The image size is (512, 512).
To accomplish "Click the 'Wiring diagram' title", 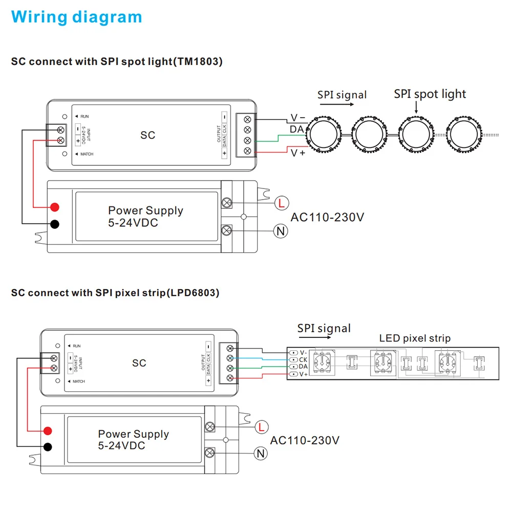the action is (x=76, y=17).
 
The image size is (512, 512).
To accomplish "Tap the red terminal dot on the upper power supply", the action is (x=55, y=207).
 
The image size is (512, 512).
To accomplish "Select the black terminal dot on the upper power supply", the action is (x=55, y=224).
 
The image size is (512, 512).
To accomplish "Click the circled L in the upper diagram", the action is (x=282, y=203).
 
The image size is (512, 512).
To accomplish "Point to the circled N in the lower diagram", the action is (x=261, y=453).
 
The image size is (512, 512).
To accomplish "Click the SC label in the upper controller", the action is (x=147, y=135).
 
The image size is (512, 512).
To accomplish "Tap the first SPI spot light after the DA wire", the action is (x=324, y=134).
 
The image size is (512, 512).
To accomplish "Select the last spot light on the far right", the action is (x=464, y=134).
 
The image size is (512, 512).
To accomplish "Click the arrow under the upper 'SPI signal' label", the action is (x=337, y=104).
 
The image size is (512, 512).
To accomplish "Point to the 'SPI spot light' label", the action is (x=430, y=94).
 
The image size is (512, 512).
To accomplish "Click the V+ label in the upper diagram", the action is (x=298, y=153).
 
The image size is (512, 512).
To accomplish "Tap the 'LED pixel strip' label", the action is (x=415, y=338).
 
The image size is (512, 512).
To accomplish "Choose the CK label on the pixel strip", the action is (x=303, y=359).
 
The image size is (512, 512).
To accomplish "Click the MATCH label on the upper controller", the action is (x=87, y=154).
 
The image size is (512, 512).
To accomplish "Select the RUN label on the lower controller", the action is (x=77, y=346).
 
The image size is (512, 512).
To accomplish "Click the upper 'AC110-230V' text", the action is (x=327, y=217).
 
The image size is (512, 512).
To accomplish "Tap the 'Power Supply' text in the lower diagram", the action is (x=134, y=434).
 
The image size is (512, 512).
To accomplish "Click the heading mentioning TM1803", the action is (x=117, y=62).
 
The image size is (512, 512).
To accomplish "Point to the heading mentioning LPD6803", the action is (x=115, y=293).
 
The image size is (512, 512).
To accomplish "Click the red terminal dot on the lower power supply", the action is (x=48, y=431).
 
